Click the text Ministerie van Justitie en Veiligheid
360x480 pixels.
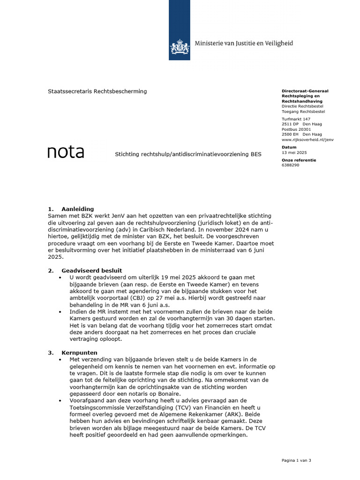(x=243, y=43)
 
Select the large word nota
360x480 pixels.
(x=66, y=152)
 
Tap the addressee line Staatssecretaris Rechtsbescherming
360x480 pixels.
(x=97, y=91)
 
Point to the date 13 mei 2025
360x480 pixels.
(x=294, y=153)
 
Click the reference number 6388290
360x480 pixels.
(x=291, y=165)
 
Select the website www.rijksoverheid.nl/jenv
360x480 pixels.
(x=307, y=140)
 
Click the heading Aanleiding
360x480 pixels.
(x=78, y=209)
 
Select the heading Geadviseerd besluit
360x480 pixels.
(x=92, y=270)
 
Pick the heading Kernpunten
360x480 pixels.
(x=79, y=352)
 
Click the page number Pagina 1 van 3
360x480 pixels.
(x=296, y=460)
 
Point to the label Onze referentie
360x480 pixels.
(x=299, y=160)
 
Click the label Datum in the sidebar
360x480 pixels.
(x=289, y=147)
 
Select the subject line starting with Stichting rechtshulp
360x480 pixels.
(x=188, y=154)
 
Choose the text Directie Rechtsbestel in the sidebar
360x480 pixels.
(x=303, y=106)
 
